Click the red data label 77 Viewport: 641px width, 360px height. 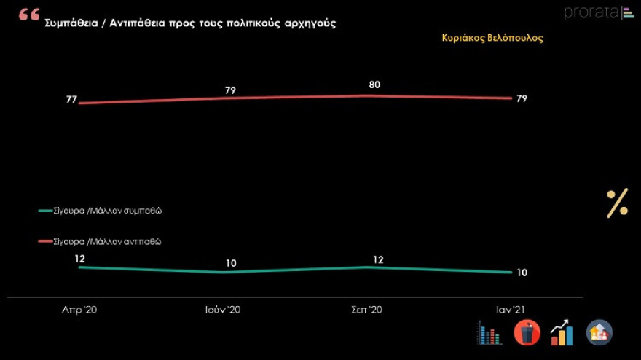(71, 100)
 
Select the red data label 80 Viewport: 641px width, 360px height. (374, 85)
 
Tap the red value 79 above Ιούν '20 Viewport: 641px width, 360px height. (231, 90)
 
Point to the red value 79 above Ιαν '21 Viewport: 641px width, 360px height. (522, 98)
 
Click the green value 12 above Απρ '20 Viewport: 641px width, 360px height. (79, 258)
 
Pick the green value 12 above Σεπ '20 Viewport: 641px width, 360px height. (378, 259)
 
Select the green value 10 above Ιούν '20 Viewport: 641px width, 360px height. (231, 263)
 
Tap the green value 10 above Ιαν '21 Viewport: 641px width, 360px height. (522, 273)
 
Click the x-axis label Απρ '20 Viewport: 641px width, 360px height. (79, 310)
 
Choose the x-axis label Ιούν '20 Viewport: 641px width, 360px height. (222, 310)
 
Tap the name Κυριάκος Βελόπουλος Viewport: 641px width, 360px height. (492, 38)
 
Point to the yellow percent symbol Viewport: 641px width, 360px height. (617, 203)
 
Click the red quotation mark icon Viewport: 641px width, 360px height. (30, 15)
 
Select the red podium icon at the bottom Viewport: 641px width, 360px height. (527, 333)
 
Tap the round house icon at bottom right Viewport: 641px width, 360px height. (599, 333)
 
